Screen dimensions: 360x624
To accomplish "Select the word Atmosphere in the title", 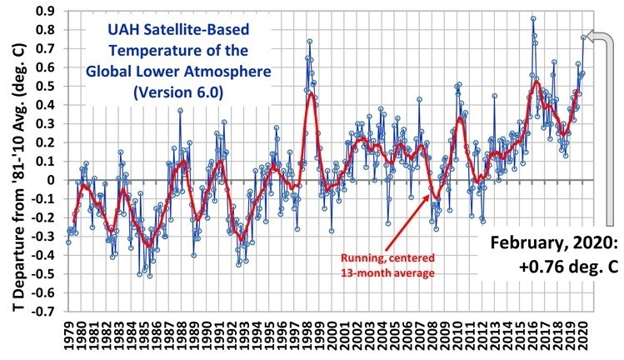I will pos(222,73).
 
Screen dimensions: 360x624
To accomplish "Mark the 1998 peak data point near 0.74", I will pos(309,41).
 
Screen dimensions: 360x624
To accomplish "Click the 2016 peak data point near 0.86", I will pos(533,18).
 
